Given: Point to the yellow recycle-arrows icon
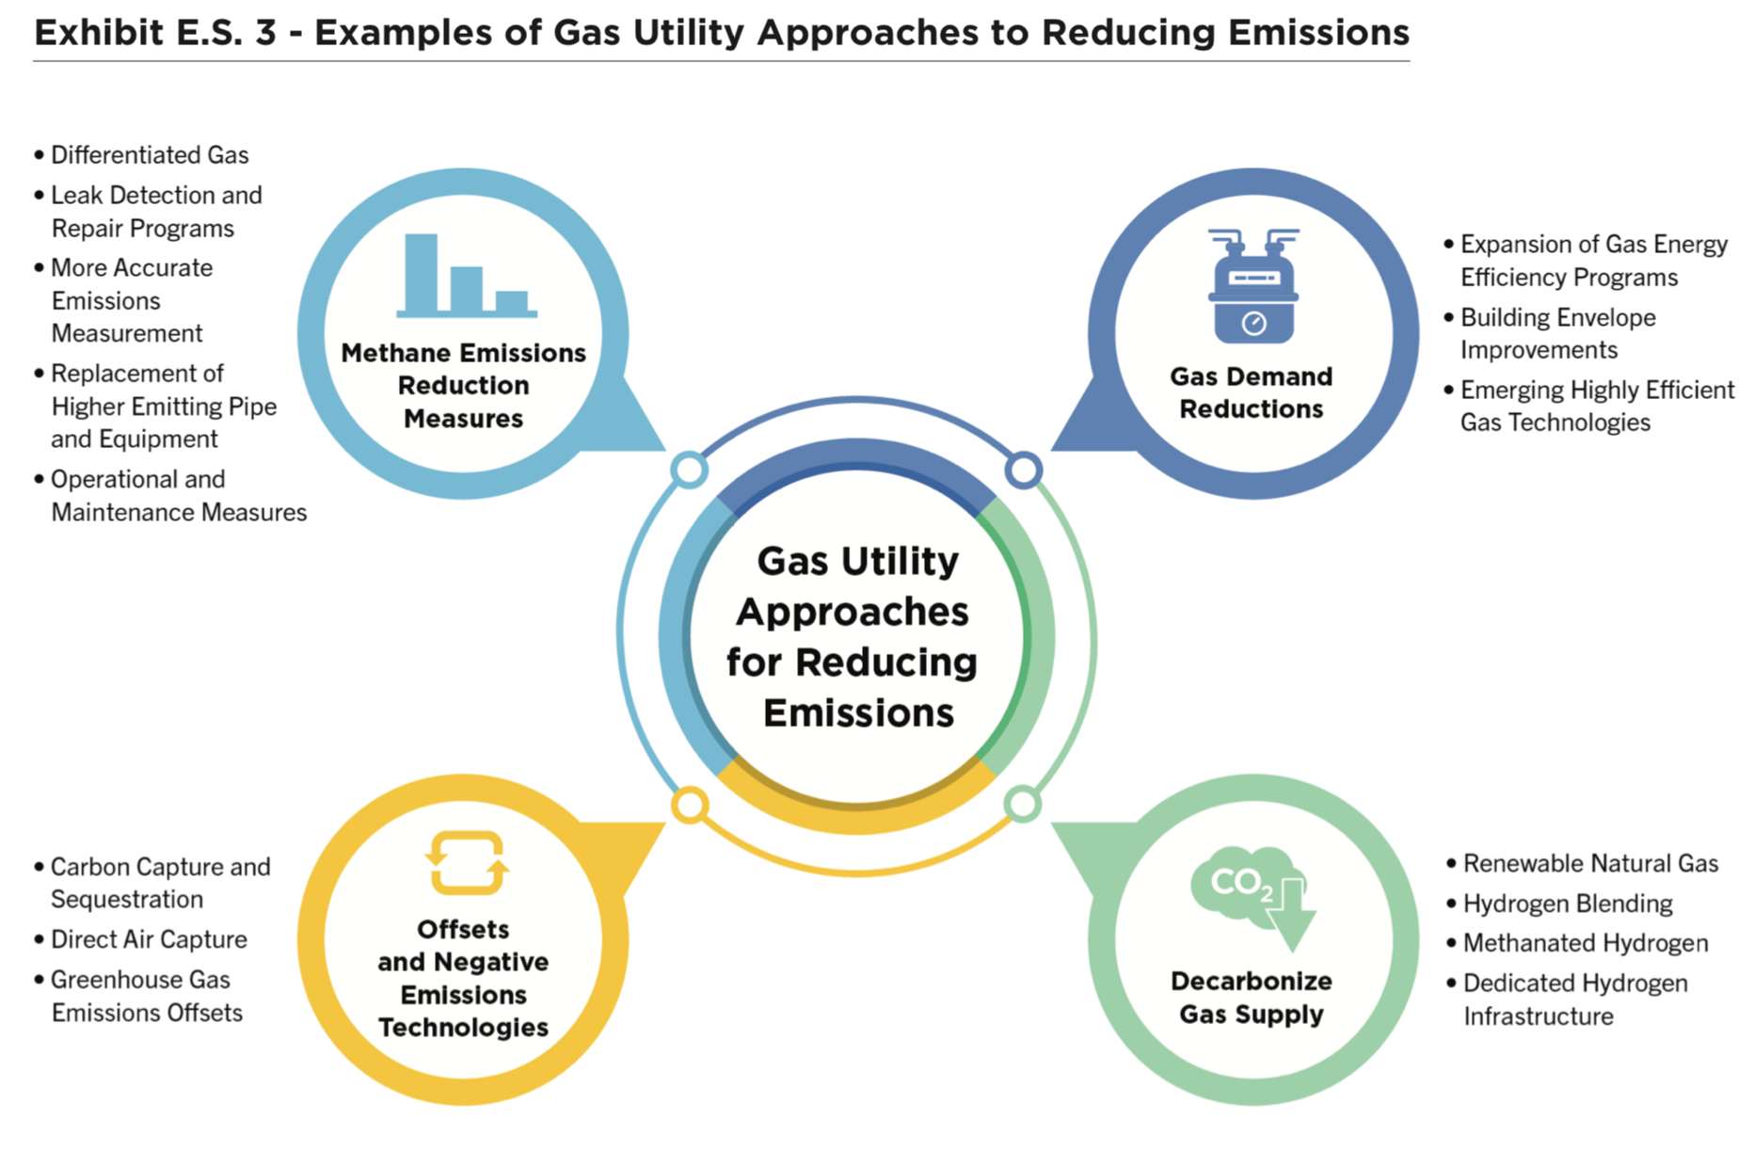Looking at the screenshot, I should pos(466,862).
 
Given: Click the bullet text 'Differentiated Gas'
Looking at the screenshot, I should pos(150,155).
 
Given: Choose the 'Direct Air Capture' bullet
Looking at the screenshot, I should pos(149,939).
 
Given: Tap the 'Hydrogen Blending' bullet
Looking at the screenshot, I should pos(1568,904).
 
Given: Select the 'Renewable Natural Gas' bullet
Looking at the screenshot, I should pos(1590,864).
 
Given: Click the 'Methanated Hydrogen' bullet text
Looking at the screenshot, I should pos(1586,943).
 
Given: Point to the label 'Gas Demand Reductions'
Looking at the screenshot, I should pos(1252,392).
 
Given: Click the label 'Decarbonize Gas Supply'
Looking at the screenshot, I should pos(1252,998).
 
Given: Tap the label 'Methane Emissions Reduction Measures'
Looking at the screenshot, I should pos(463,386).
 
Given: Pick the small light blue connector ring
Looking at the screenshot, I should pos(690,470).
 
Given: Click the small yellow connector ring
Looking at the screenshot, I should pos(690,805).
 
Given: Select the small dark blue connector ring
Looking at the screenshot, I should pos(1023,470).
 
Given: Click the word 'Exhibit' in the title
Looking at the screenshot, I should pos(99,33).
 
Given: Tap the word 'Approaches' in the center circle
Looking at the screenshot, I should pos(853,612).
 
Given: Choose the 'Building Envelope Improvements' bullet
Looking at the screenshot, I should pos(1557,334).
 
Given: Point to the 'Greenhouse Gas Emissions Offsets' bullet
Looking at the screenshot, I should pos(146,996).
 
